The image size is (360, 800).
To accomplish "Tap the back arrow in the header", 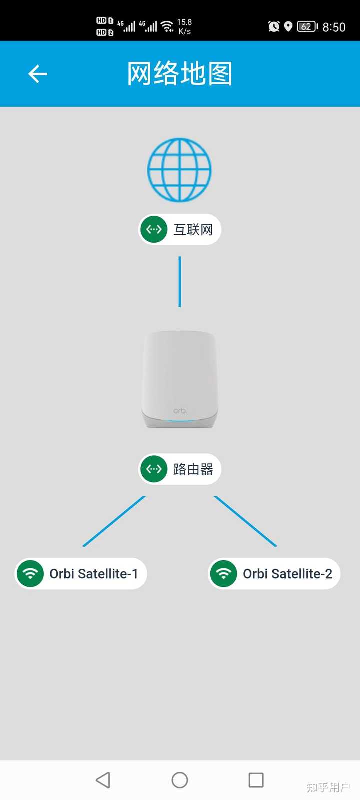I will tap(38, 74).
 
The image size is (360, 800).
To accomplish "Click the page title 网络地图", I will tap(179, 74).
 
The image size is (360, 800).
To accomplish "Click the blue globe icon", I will tap(179, 170).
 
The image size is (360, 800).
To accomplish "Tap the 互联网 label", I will tap(193, 230).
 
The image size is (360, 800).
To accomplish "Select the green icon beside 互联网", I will tap(154, 230).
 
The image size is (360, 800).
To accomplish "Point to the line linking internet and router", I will tap(180, 282).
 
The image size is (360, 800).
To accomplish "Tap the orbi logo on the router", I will tap(180, 411).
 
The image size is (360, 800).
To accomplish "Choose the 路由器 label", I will tap(193, 469).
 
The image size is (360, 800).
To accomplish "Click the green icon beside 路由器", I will tap(154, 469).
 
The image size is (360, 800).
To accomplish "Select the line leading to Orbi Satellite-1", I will tap(114, 521).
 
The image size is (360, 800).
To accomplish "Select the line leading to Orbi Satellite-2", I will tap(245, 521).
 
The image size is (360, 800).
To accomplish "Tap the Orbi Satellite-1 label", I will tap(93, 574).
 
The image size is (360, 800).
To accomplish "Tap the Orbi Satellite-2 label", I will tap(287, 574).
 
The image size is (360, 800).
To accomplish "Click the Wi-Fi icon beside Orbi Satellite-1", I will tap(30, 574).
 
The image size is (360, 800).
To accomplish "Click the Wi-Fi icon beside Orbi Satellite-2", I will tap(224, 574).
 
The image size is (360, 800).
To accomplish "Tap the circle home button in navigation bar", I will tap(180, 780).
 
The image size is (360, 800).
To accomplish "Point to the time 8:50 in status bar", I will tap(334, 27).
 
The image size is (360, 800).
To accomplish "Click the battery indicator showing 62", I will tap(307, 27).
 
